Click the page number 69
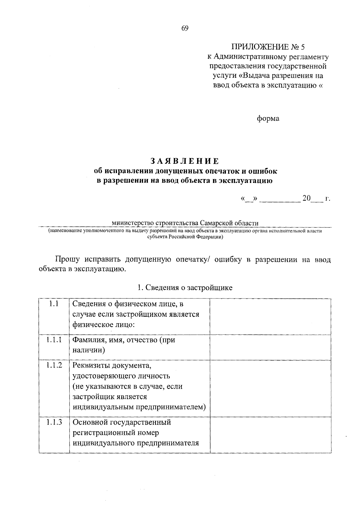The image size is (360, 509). click(184, 28)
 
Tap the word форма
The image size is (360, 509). click(268, 119)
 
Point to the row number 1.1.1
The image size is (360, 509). click(54, 340)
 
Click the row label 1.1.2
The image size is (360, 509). click(54, 365)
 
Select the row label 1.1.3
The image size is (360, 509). click(54, 422)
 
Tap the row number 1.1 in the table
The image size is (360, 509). click(54, 304)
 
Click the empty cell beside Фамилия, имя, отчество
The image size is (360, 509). click(270, 347)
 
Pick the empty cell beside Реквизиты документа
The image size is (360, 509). click(270, 388)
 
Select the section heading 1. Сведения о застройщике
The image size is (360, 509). click(185, 288)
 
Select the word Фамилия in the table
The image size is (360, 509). click(85, 340)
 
